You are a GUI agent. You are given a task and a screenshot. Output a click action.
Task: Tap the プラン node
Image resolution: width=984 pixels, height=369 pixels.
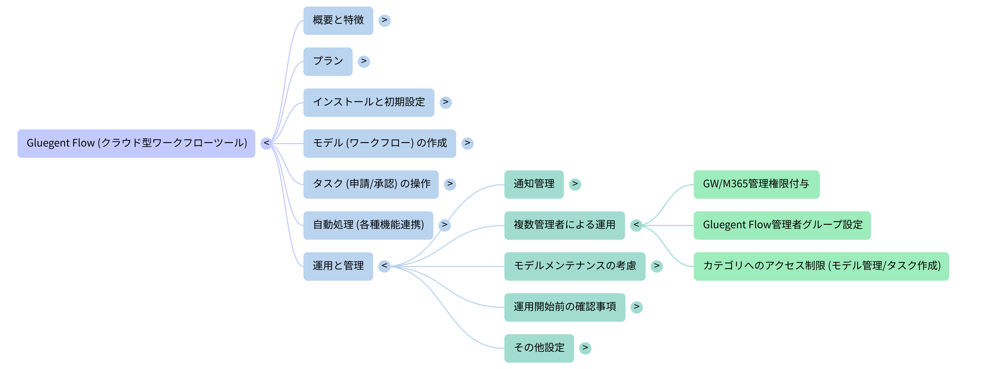pyautogui.click(x=328, y=61)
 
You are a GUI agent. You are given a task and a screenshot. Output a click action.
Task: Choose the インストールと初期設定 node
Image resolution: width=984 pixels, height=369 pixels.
pyautogui.click(x=369, y=103)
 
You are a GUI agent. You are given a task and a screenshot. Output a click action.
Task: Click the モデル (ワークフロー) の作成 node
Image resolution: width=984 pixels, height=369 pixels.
pyautogui.click(x=379, y=144)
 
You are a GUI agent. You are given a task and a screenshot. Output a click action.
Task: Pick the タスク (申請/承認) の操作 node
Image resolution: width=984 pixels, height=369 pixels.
pyautogui.click(x=370, y=184)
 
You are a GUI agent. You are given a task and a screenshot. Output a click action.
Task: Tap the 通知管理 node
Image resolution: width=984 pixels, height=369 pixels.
pyautogui.click(x=534, y=184)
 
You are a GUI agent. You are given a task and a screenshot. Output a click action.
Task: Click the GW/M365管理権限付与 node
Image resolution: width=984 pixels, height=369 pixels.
pyautogui.click(x=756, y=184)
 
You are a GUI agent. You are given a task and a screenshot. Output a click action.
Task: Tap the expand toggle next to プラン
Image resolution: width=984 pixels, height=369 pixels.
pyautogui.click(x=364, y=61)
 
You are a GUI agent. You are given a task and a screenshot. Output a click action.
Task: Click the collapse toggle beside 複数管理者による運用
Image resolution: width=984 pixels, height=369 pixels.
pyautogui.click(x=636, y=225)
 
